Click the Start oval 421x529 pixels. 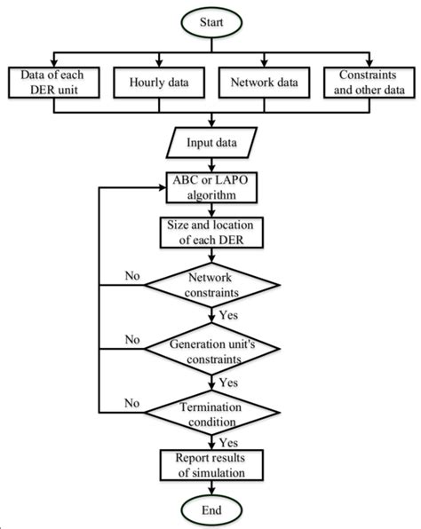[211, 19]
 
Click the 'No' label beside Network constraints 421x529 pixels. [132, 276]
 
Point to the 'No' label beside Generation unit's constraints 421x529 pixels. [132, 338]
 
